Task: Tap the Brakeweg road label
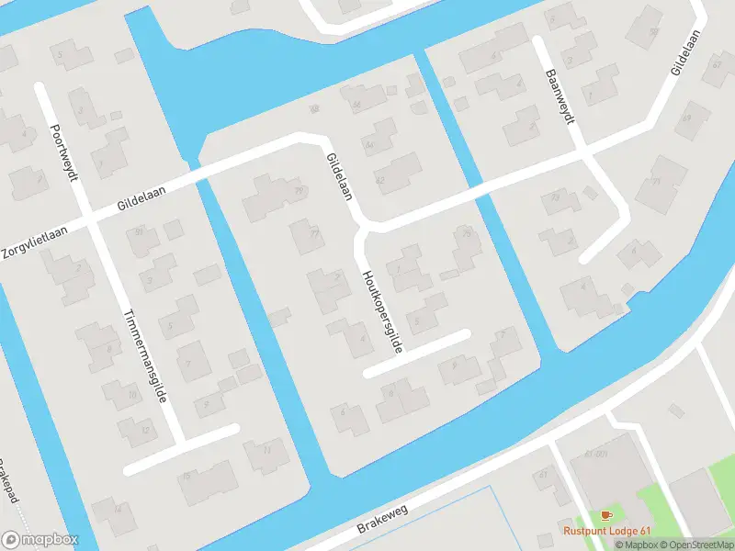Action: [380, 520]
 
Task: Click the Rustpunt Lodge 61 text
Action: [607, 530]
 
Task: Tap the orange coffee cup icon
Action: [605, 515]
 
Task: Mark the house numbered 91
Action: [140, 231]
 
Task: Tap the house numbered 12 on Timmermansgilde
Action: [144, 429]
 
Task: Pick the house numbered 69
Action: [685, 118]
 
